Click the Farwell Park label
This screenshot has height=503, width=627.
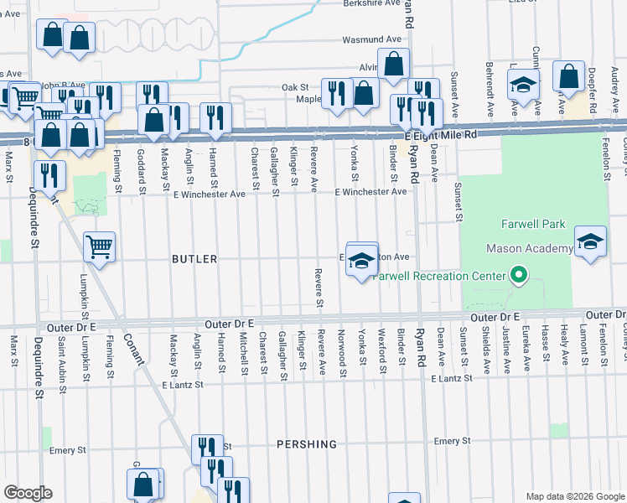pyautogui.click(x=535, y=225)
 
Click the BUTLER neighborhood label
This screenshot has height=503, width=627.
pyautogui.click(x=194, y=260)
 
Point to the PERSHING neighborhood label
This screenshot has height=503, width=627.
pyautogui.click(x=308, y=444)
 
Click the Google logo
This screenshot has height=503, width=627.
pyautogui.click(x=27, y=493)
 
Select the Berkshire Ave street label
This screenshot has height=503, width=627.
pyautogui.click(x=372, y=4)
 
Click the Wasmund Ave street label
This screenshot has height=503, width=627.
pyautogui.click(x=372, y=39)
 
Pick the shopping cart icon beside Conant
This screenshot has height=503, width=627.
pyautogui.click(x=100, y=247)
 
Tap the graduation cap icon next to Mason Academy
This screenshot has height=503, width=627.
pyautogui.click(x=590, y=241)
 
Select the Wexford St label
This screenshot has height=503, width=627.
pyautogui.click(x=381, y=353)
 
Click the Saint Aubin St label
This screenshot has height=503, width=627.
pyautogui.click(x=63, y=357)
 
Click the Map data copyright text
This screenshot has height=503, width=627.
pyautogui.click(x=574, y=496)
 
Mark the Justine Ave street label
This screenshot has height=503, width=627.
pyautogui.click(x=507, y=350)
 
